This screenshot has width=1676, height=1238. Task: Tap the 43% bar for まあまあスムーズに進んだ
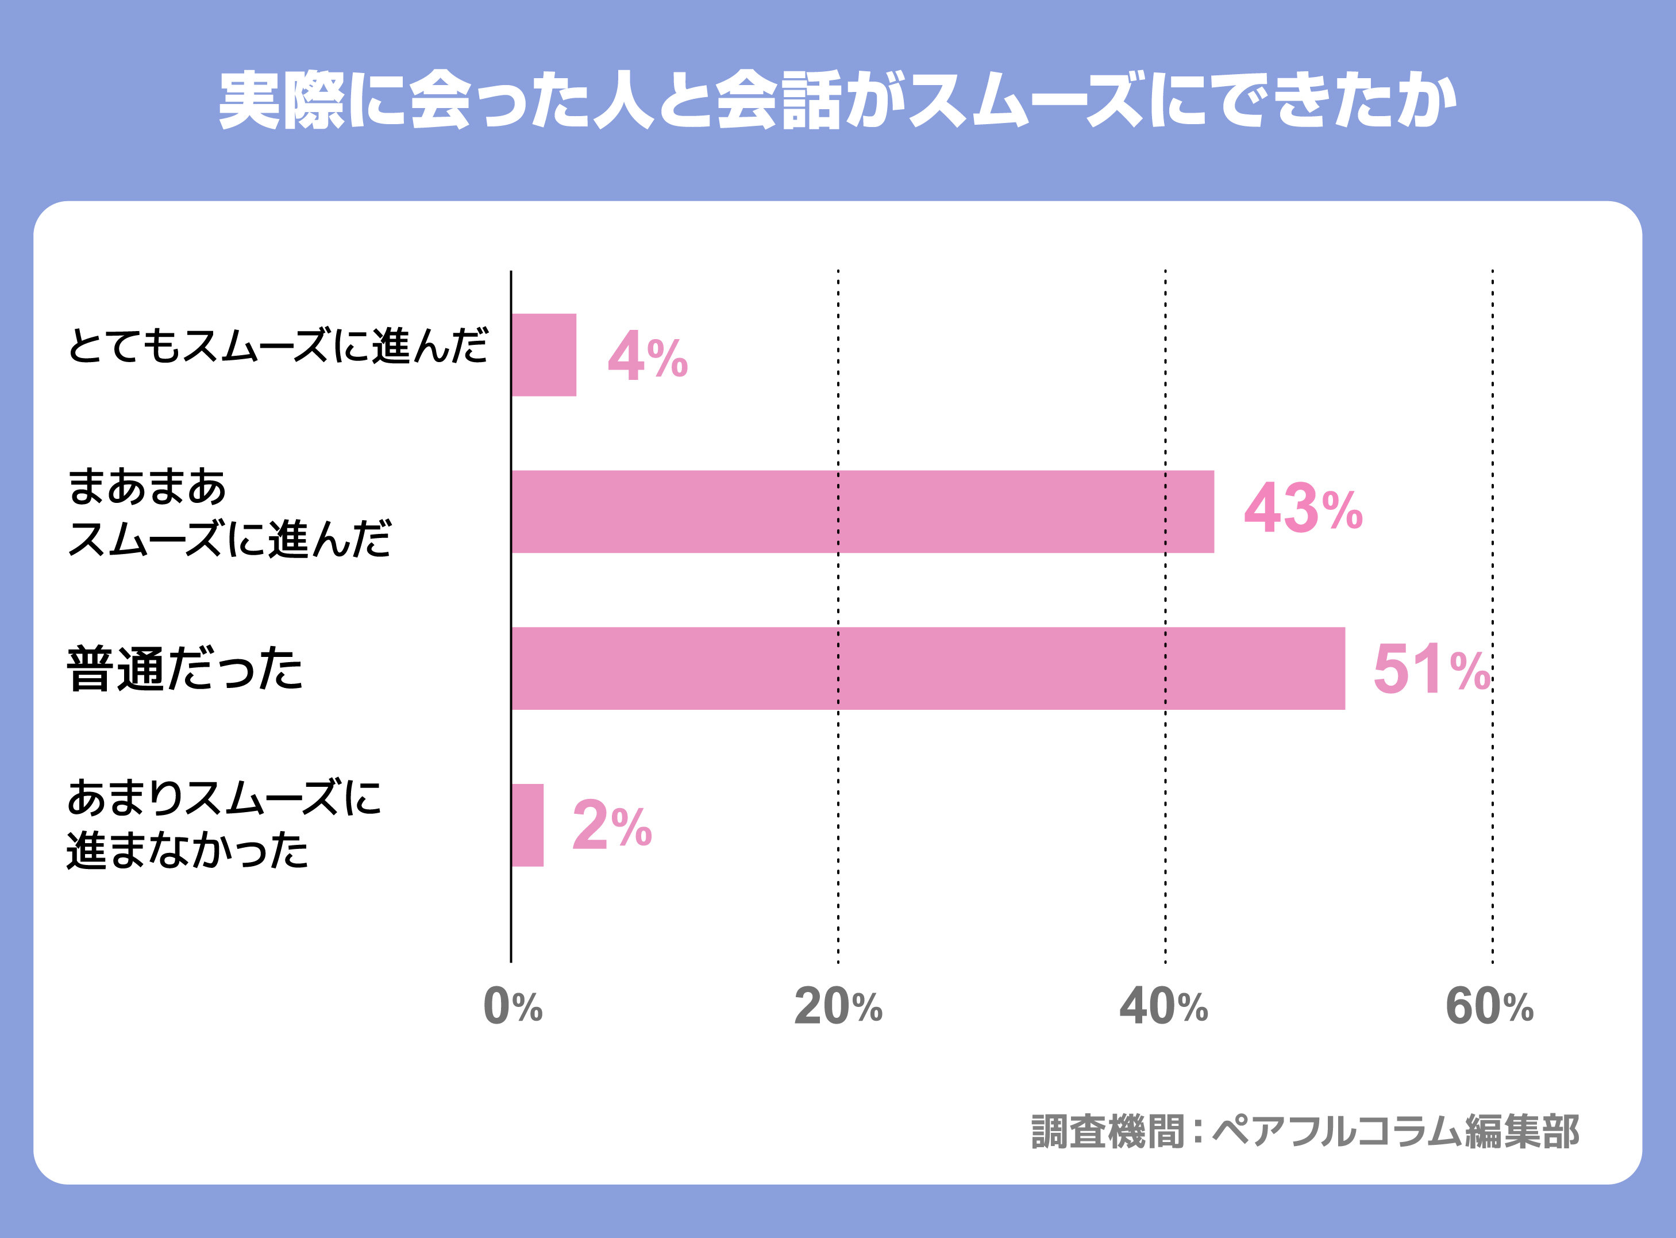pyautogui.click(x=862, y=512)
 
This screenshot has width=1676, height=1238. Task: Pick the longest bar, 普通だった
pyautogui.click(x=927, y=668)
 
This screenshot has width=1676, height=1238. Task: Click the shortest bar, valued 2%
pyautogui.click(x=527, y=825)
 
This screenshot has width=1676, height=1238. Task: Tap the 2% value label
pyautogui.click(x=612, y=826)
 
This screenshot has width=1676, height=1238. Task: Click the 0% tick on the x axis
pyautogui.click(x=513, y=1006)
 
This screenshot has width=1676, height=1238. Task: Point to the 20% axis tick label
pyautogui.click(x=838, y=1006)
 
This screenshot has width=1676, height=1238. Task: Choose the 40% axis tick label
pyautogui.click(x=1163, y=1006)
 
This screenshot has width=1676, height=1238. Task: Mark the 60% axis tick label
pyautogui.click(x=1489, y=1006)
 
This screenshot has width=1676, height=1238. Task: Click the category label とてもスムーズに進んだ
pyautogui.click(x=277, y=346)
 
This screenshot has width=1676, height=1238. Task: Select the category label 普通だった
pyautogui.click(x=185, y=668)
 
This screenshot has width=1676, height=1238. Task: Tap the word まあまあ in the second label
pyautogui.click(x=147, y=487)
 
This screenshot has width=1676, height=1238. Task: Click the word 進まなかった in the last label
pyautogui.click(x=187, y=851)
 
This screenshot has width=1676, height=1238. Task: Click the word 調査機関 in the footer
pyautogui.click(x=1107, y=1132)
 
